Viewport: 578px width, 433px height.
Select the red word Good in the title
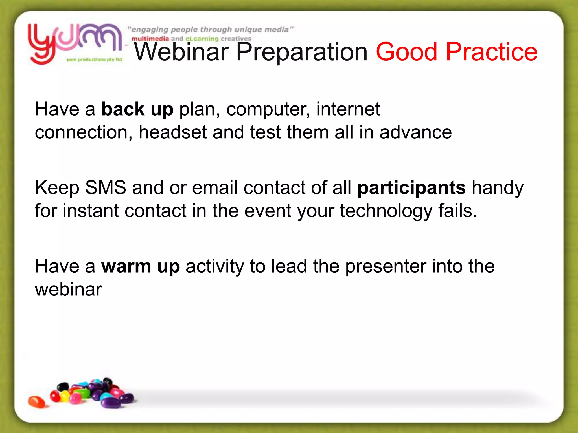[406, 52]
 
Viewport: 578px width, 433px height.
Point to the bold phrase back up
[137, 109]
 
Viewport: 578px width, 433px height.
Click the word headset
[172, 132]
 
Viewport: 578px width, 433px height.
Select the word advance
[415, 132]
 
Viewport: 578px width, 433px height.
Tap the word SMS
[106, 187]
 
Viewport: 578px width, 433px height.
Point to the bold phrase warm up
[140, 266]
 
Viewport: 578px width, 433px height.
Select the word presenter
[386, 267]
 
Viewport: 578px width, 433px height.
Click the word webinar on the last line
[68, 290]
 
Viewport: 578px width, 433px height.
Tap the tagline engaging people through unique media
[211, 30]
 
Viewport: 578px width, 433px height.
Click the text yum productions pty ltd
[94, 59]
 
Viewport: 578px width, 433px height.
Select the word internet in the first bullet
[348, 109]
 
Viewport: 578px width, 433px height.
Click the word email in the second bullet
[215, 188]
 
